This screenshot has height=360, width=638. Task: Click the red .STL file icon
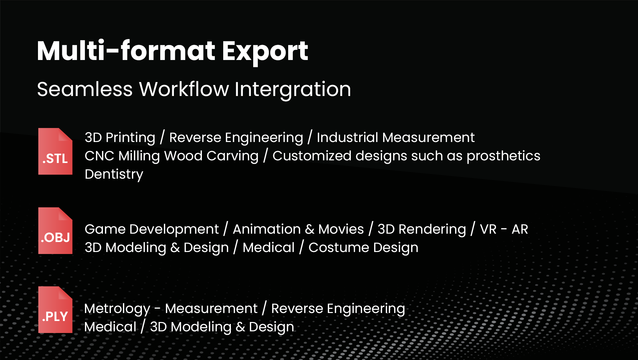[55, 151]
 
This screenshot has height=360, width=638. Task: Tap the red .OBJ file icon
[55, 231]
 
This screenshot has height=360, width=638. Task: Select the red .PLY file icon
[55, 310]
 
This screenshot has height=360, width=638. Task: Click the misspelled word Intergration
[293, 89]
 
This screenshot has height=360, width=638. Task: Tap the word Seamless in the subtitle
[85, 89]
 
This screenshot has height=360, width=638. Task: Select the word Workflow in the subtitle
[184, 89]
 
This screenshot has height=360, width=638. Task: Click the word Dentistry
[114, 174]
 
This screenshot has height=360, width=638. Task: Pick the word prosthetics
[503, 156]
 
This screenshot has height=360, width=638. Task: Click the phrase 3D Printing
[120, 138]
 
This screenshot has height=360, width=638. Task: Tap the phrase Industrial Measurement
[395, 137]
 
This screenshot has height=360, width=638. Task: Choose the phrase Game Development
[152, 229]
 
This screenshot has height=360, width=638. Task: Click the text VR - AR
[504, 229]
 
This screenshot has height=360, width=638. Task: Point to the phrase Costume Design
[363, 248]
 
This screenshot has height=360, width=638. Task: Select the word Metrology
[117, 309]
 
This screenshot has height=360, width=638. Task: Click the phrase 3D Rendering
[422, 229]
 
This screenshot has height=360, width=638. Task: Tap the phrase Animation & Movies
[298, 229]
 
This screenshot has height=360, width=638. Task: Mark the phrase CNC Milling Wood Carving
[172, 156]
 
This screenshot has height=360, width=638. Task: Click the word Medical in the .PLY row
[111, 327]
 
